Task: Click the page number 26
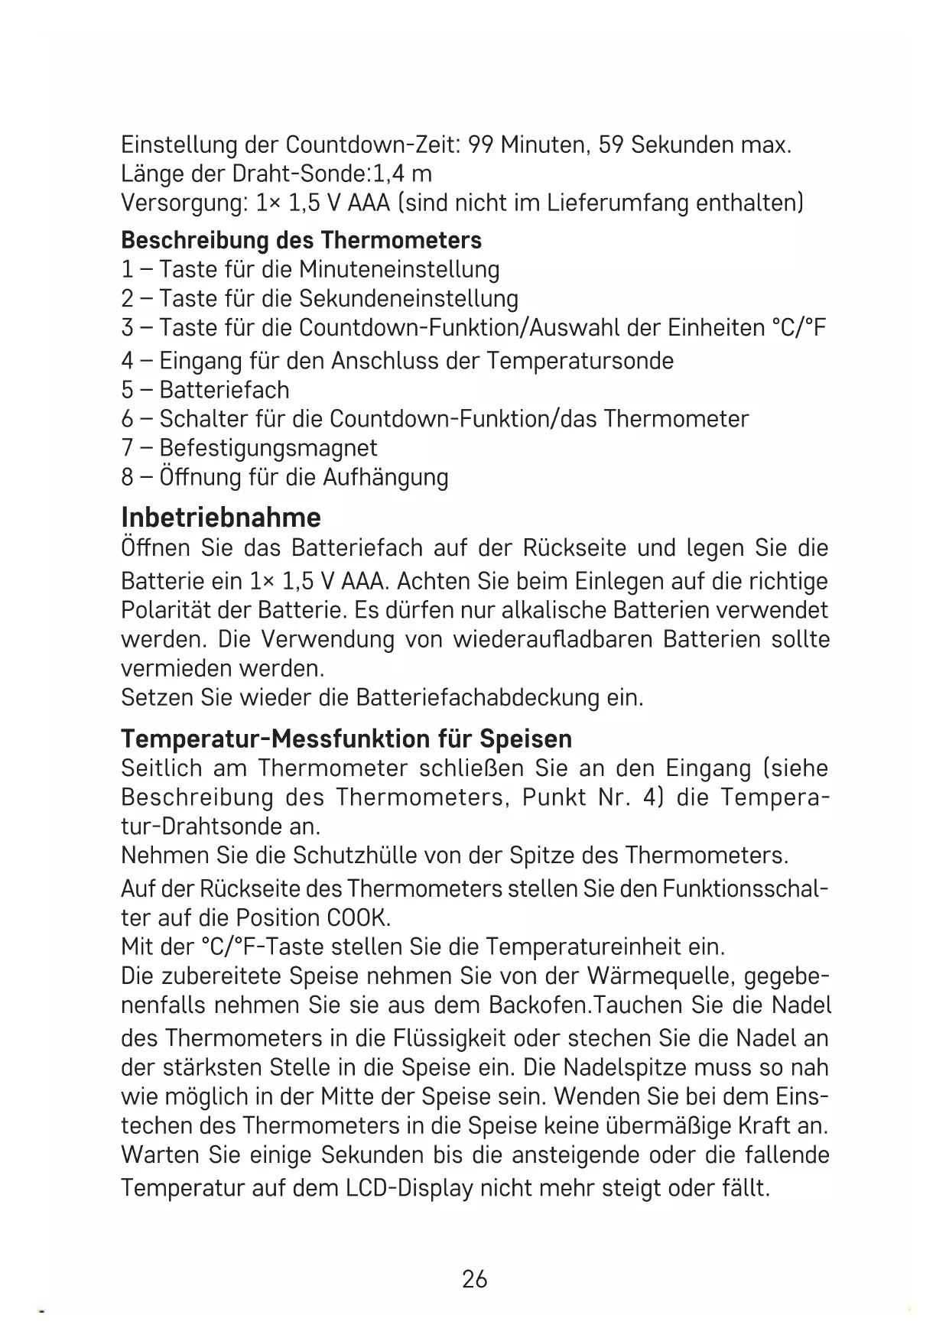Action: point(474,1278)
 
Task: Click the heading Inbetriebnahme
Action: point(221,518)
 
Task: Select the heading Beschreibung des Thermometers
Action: point(301,240)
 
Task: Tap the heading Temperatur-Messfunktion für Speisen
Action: point(346,739)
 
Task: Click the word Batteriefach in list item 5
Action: point(224,390)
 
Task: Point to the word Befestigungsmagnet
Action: point(268,448)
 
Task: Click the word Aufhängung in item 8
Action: point(385,477)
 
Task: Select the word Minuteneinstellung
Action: point(399,269)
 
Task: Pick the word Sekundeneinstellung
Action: point(408,298)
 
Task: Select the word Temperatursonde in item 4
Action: point(580,360)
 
